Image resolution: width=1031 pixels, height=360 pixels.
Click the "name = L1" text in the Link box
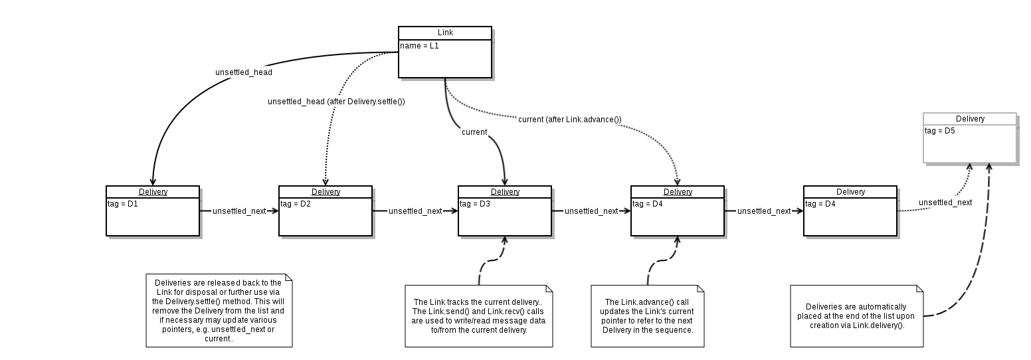click(x=419, y=46)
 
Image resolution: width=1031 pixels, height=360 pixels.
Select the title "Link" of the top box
click(x=445, y=33)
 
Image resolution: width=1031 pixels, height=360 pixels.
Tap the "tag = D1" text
click(x=123, y=204)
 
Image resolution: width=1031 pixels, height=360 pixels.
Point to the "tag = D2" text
click(x=296, y=204)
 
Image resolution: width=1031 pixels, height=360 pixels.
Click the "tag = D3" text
click(x=475, y=204)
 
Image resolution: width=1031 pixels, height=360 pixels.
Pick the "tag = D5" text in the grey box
click(x=940, y=131)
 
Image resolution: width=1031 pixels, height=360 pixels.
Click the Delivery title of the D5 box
click(x=971, y=119)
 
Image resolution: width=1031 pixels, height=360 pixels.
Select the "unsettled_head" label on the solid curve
click(x=244, y=72)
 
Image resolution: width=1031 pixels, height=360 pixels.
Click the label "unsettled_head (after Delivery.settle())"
click(x=336, y=101)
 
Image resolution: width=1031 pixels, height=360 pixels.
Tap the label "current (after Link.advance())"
click(x=570, y=120)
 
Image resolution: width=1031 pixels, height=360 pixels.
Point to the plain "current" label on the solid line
click(x=474, y=132)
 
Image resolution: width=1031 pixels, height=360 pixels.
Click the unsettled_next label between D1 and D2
click(x=239, y=211)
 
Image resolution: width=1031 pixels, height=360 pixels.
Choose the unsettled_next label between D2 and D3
click(x=415, y=211)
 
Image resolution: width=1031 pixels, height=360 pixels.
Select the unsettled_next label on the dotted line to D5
click(x=945, y=203)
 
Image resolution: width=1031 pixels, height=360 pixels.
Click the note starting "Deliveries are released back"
click(x=219, y=311)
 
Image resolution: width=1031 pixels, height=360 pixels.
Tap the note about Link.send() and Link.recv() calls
click(x=479, y=316)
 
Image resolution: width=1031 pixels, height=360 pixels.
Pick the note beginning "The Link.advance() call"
click(x=648, y=316)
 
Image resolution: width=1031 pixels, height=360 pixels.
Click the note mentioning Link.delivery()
click(x=856, y=316)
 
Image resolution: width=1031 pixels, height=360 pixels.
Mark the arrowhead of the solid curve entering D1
click(x=153, y=182)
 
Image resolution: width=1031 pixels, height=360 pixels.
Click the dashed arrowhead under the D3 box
click(x=504, y=240)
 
